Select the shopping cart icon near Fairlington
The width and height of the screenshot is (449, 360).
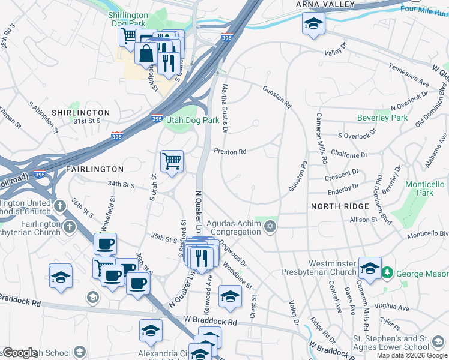tap(172, 161)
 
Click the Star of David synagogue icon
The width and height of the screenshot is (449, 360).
tap(270, 226)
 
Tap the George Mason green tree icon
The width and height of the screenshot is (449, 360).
tap(388, 272)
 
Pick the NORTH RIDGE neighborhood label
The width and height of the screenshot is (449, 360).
tap(340, 206)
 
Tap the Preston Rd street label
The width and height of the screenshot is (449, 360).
tap(231, 152)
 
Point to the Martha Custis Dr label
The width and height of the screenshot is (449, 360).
tap(225, 108)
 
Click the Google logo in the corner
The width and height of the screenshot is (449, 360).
tap(19, 353)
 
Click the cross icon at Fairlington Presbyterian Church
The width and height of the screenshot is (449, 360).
tap(70, 227)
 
